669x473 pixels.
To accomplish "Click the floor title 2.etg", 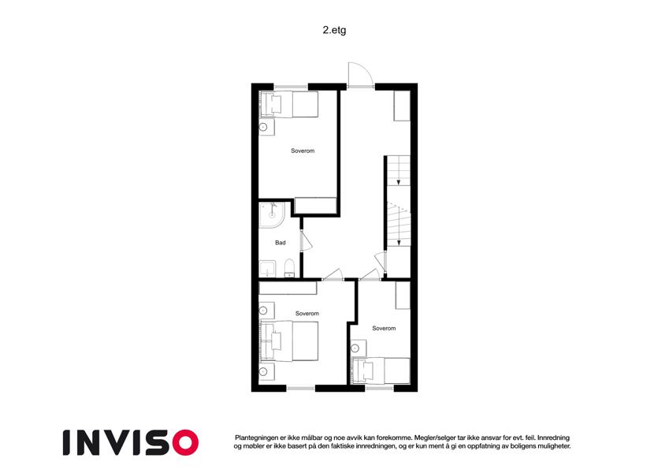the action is [334, 30].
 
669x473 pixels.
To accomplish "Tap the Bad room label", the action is [281, 243].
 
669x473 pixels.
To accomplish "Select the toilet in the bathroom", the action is [290, 268].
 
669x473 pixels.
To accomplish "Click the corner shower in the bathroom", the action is [272, 214].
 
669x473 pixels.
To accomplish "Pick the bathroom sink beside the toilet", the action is [267, 269].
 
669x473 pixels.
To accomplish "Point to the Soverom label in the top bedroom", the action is [303, 151].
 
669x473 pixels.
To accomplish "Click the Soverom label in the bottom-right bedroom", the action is [384, 328].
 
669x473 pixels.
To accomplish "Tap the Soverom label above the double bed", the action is [307, 313].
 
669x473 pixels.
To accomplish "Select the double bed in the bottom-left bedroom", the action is [289, 341].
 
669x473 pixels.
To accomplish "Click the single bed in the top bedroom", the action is [289, 104].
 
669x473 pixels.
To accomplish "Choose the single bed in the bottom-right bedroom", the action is [380, 371].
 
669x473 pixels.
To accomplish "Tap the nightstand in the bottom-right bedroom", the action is [358, 348].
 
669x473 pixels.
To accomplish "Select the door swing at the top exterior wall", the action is [361, 75].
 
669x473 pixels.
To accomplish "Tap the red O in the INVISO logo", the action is [185, 442].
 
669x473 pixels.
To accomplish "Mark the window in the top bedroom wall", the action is [291, 88].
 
